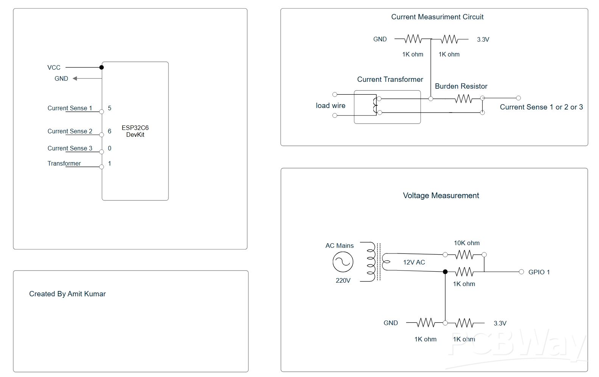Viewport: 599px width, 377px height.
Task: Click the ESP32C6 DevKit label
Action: click(x=135, y=131)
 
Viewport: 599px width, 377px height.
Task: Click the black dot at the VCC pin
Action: click(x=101, y=67)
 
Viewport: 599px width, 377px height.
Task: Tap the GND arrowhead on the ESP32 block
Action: click(x=75, y=78)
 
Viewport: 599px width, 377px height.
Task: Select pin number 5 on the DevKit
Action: click(x=109, y=108)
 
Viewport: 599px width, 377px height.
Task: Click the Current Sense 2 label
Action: click(x=70, y=131)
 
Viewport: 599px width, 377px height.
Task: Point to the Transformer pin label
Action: click(x=64, y=163)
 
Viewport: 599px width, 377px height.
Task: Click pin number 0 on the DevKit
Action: click(x=109, y=148)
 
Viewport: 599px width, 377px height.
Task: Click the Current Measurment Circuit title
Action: click(x=437, y=17)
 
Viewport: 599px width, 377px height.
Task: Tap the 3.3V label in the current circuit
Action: click(x=483, y=39)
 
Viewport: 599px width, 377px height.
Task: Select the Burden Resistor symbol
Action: click(x=463, y=99)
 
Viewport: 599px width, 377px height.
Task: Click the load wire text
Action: click(x=331, y=106)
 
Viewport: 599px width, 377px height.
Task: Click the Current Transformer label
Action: click(x=390, y=80)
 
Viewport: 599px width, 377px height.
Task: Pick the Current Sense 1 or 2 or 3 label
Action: click(x=541, y=107)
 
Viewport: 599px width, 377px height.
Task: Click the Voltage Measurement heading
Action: click(x=441, y=196)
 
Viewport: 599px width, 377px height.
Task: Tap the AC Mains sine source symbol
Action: click(x=343, y=262)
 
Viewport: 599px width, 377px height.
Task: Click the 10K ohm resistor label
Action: click(x=466, y=243)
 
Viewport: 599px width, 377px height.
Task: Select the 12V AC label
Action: click(x=414, y=262)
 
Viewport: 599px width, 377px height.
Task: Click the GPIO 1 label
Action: click(x=539, y=272)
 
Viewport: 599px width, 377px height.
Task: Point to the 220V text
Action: click(x=343, y=281)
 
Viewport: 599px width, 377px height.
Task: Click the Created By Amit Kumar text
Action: click(x=67, y=294)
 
